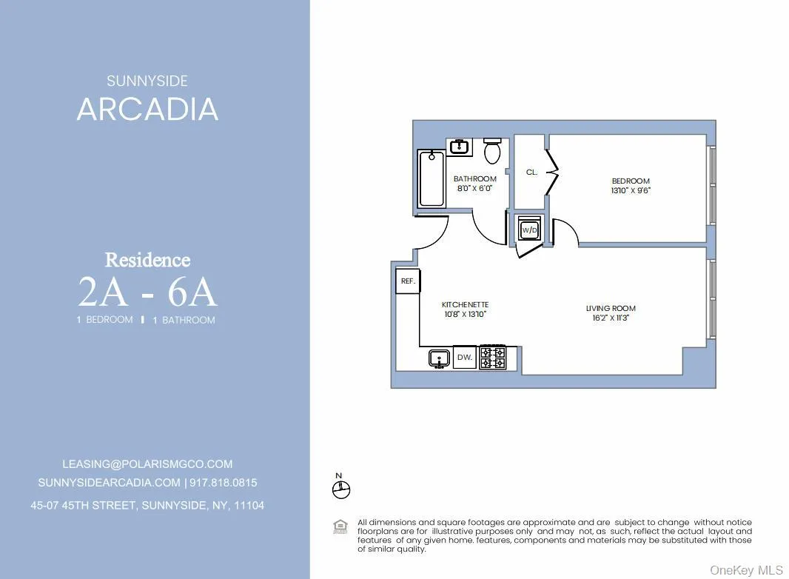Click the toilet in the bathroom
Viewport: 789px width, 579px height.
[x=492, y=150]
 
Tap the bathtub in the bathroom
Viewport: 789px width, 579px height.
[x=432, y=178]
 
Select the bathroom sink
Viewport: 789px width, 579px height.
[x=459, y=146]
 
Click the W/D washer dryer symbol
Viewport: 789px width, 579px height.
[x=530, y=230]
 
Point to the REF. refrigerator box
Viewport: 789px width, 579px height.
[x=408, y=281]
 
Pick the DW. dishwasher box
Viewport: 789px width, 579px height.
[x=465, y=357]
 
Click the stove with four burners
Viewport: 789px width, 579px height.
[x=493, y=357]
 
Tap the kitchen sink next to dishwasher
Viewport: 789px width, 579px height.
[x=440, y=358]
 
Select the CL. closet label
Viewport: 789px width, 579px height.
[x=531, y=172]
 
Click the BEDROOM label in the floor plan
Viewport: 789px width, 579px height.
[x=631, y=181]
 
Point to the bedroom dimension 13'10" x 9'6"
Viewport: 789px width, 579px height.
[x=631, y=190]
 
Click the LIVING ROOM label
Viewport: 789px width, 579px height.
[x=611, y=308]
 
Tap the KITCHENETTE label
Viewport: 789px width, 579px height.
[x=465, y=304]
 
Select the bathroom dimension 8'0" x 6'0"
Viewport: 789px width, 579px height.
[x=475, y=188]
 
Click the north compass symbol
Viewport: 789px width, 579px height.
[x=341, y=489]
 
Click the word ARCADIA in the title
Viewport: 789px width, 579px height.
[x=147, y=109]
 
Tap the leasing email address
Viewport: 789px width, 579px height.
[x=147, y=464]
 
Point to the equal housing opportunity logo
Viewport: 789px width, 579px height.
[x=340, y=527]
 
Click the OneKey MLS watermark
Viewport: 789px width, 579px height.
[x=746, y=569]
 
